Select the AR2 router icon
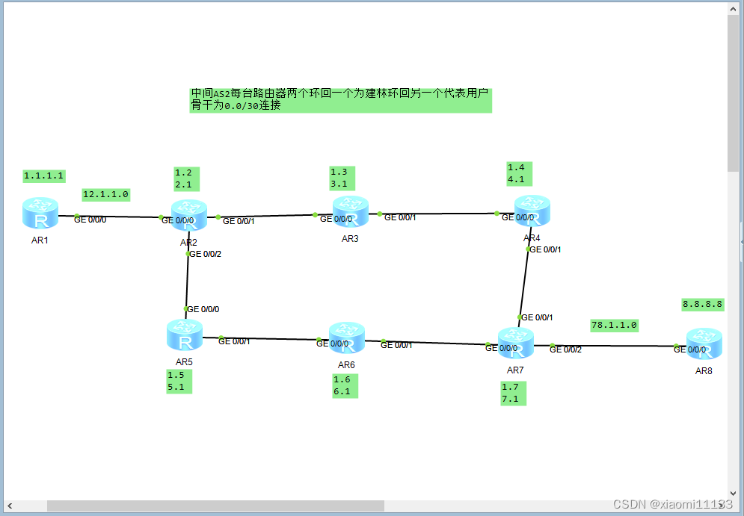click(x=188, y=216)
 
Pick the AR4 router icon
click(x=532, y=212)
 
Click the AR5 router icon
click(x=185, y=335)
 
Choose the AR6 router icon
click(x=346, y=338)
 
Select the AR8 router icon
click(x=704, y=345)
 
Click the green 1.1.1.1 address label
click(x=44, y=176)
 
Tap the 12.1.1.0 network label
click(x=105, y=194)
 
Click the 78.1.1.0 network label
click(x=614, y=326)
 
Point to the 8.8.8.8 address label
click(x=703, y=304)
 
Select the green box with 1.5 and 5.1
click(x=179, y=381)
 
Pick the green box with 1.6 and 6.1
click(x=345, y=385)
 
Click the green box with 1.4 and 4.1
click(x=519, y=173)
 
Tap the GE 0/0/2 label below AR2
click(x=206, y=254)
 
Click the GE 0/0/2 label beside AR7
click(x=565, y=349)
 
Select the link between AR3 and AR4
click(x=437, y=214)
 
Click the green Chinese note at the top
click(x=340, y=99)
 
